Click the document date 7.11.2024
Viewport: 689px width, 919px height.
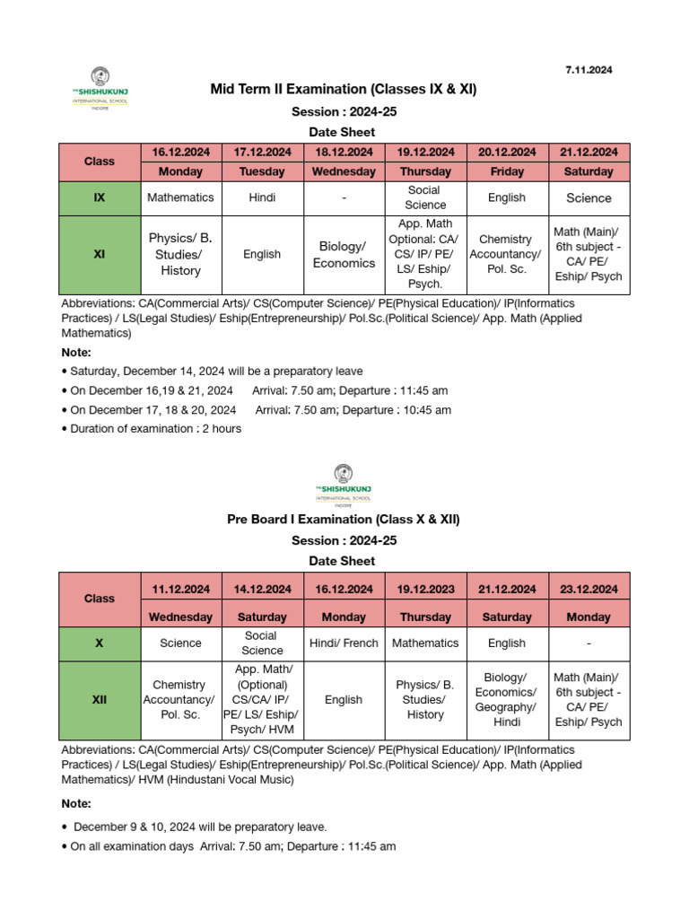(589, 70)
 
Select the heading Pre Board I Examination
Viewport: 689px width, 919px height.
(344, 520)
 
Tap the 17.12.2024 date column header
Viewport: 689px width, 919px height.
(262, 153)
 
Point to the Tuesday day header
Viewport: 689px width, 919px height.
(262, 171)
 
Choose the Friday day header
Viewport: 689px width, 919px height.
(507, 171)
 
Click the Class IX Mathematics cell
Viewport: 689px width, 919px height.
(180, 197)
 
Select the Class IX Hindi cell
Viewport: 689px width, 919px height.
(262, 197)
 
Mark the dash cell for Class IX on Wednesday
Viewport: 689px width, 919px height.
(344, 197)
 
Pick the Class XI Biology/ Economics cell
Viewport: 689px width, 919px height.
(344, 255)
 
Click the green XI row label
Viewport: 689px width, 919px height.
(100, 255)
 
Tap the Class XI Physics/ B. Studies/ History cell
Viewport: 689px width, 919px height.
(180, 255)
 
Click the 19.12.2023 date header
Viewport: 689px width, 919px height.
(425, 590)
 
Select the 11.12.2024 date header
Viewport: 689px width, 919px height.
(180, 590)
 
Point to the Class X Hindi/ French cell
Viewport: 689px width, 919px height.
(344, 643)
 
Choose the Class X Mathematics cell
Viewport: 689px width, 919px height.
(425, 643)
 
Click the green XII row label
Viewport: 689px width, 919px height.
(100, 700)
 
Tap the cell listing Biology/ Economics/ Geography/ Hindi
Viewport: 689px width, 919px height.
(507, 700)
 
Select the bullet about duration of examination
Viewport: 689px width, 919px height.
(152, 429)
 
